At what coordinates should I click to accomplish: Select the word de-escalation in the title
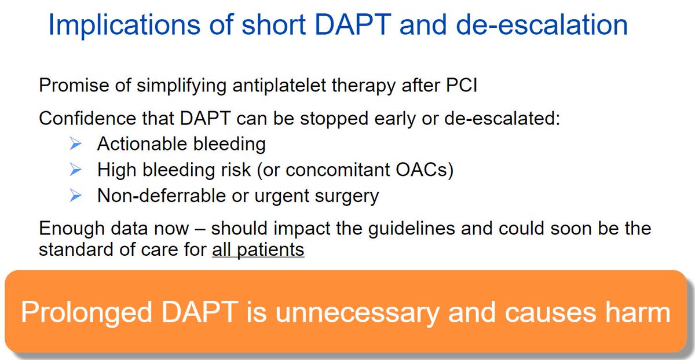click(542, 25)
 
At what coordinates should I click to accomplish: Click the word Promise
click(74, 85)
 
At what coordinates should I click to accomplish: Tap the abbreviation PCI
click(462, 85)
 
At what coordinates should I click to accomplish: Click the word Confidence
click(87, 118)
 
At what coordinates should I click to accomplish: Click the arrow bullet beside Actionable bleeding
click(75, 144)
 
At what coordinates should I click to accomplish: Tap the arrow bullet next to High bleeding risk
click(75, 170)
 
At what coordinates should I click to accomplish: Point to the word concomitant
click(337, 170)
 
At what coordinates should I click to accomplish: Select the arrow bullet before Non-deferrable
click(75, 196)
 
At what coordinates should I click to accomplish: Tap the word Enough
click(72, 229)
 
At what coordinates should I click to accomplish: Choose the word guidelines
click(411, 229)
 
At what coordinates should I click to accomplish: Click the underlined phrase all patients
click(258, 249)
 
